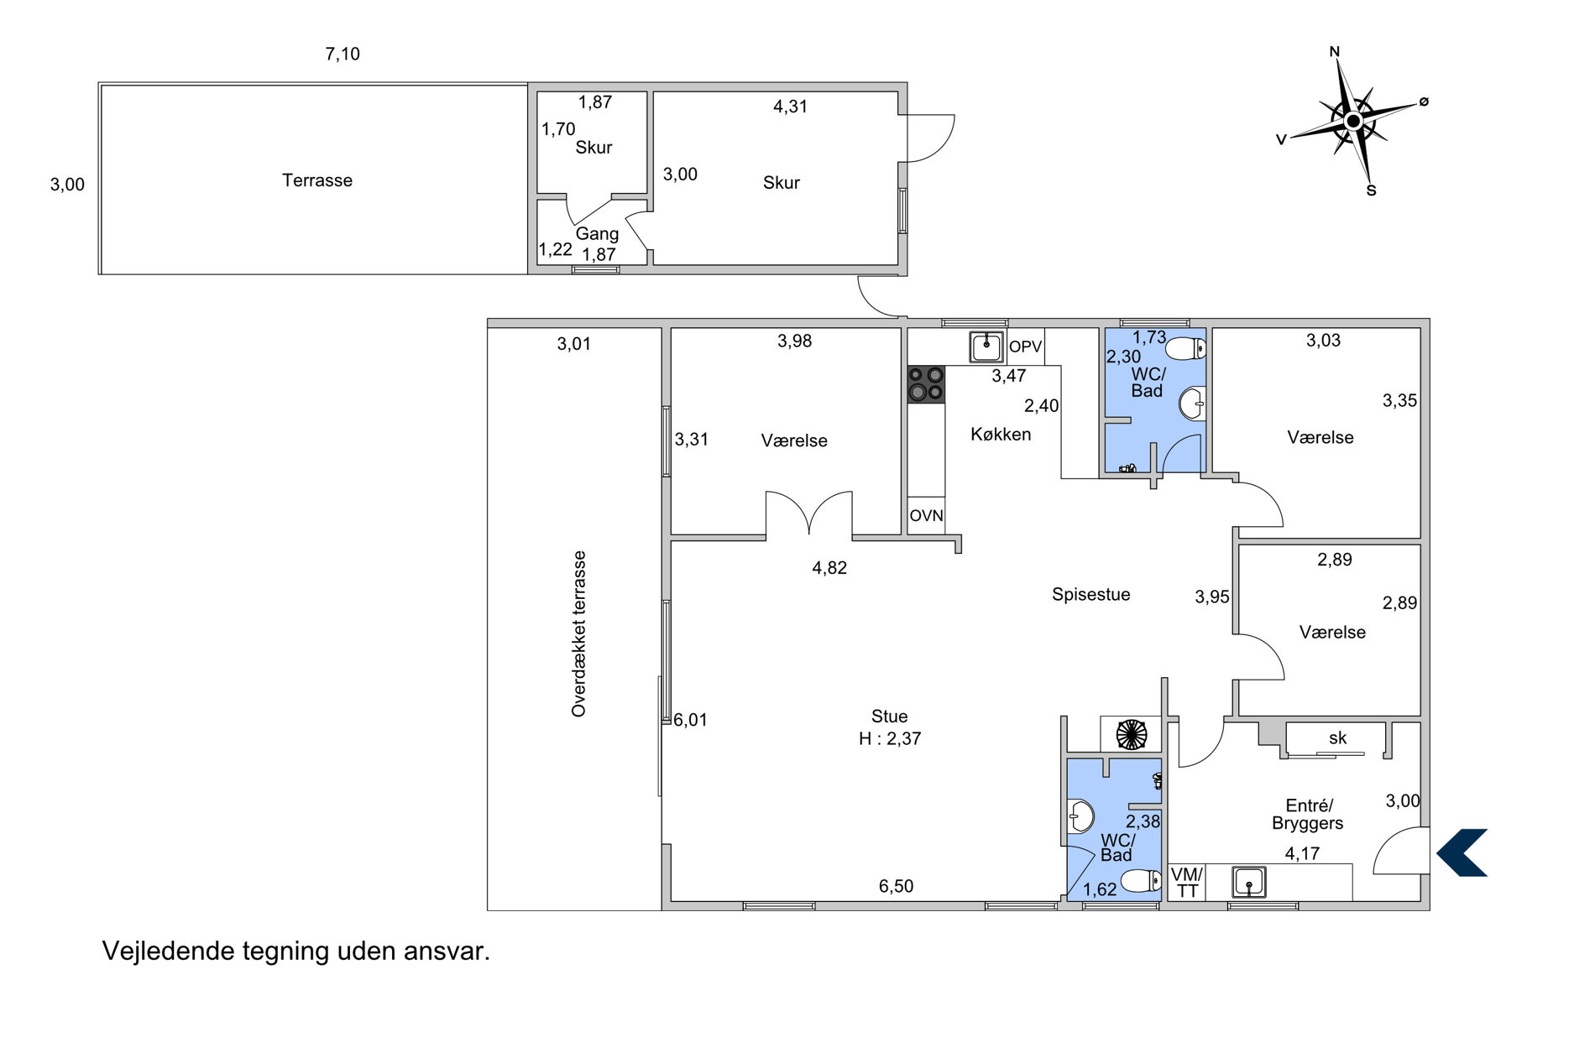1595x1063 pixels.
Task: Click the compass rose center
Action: click(x=1352, y=122)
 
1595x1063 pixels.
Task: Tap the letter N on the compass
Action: click(x=1335, y=52)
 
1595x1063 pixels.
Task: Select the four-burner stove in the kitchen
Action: click(x=926, y=384)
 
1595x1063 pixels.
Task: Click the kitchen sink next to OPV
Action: click(x=986, y=347)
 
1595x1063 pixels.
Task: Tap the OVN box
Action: click(x=927, y=516)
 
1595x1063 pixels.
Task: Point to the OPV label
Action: click(x=1025, y=347)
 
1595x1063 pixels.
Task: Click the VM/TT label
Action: click(x=1187, y=883)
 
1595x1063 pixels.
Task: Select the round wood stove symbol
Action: click(x=1131, y=734)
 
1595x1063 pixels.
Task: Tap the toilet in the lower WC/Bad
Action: click(x=1141, y=881)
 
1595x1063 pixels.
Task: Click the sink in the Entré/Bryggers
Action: click(x=1249, y=883)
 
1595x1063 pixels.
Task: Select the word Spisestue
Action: click(x=1090, y=594)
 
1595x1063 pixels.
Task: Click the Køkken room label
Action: click(x=1001, y=434)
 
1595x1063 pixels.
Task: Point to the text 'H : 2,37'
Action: click(x=890, y=739)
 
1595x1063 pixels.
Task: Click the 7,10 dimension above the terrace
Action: click(x=343, y=55)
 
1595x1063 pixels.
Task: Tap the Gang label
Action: click(x=597, y=234)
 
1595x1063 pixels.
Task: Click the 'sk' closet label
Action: click(x=1337, y=737)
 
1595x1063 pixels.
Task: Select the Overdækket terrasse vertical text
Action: click(x=578, y=633)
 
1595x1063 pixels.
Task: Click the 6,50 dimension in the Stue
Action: click(x=896, y=886)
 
